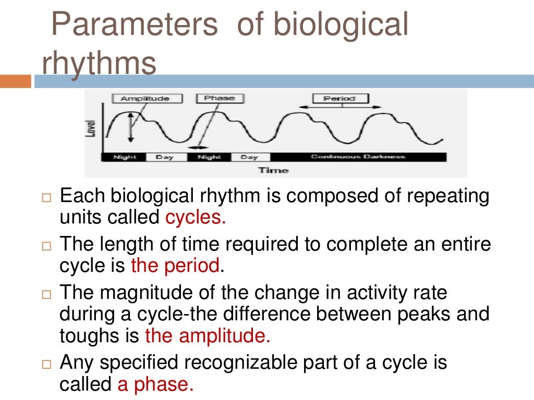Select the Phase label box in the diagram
(x=220, y=98)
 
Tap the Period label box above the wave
(x=340, y=98)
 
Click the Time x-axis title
(x=273, y=170)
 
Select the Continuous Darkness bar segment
(x=358, y=157)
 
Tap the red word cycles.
(x=196, y=217)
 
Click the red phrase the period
(x=175, y=266)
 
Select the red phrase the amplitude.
(x=208, y=336)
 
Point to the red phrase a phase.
(x=155, y=384)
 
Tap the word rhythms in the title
(x=99, y=64)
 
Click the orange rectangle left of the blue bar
(x=15, y=81)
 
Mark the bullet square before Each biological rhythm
(x=47, y=198)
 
